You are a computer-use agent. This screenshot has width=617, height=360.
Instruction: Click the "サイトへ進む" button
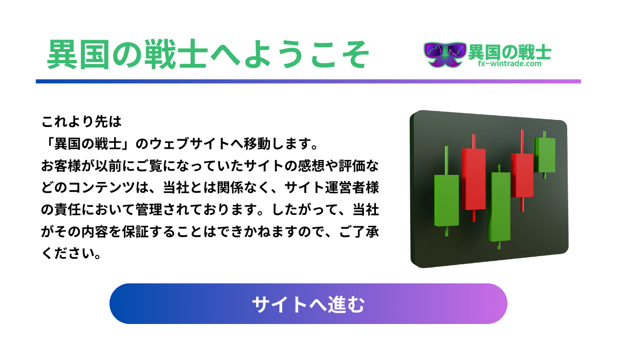[308, 303]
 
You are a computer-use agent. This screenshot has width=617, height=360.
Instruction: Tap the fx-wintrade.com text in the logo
[510, 64]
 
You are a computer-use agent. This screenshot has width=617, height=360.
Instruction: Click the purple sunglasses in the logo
[445, 50]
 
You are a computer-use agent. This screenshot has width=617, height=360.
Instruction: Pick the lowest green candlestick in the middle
[499, 207]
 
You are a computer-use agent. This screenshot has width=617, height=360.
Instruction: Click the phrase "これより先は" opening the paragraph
[82, 121]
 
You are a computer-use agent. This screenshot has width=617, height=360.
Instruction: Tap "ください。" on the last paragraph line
[71, 254]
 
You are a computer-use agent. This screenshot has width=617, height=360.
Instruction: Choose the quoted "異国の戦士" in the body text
[88, 143]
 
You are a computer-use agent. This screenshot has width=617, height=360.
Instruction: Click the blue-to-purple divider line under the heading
[308, 81]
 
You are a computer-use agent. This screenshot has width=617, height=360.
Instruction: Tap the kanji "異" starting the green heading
[62, 54]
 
